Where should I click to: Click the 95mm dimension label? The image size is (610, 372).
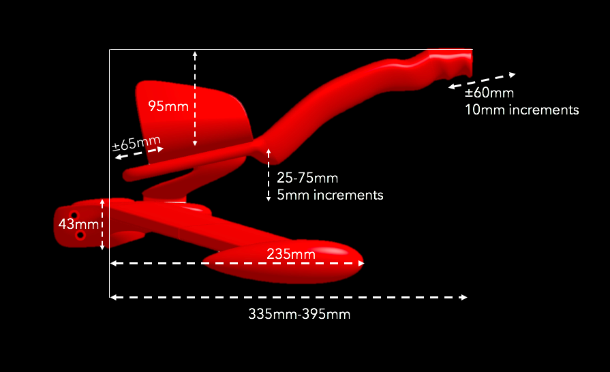coord(168,106)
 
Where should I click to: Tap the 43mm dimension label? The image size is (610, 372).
coord(78,224)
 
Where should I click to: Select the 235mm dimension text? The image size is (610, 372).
coord(291,254)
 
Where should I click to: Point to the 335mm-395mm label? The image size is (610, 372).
coord(299,313)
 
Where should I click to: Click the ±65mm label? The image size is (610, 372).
coord(136,143)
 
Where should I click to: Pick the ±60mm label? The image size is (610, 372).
coord(489,93)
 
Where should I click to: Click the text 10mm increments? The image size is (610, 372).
coord(521,110)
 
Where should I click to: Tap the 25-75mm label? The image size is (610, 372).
coord(307,178)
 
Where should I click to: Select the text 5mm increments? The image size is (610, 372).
coord(330,195)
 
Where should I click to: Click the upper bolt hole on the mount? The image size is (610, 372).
coord(74,215)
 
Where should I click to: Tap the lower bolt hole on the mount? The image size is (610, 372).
coord(80,235)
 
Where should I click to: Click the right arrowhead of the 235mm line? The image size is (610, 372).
coord(361,263)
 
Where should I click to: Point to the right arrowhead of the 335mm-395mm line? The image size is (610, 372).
coord(463,297)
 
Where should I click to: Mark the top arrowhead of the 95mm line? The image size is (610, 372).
coord(195,54)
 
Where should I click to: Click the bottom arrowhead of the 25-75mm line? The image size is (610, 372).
coord(269,198)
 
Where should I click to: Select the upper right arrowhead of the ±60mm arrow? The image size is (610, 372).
coord(513,75)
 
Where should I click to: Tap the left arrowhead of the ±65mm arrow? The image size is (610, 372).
coord(119,157)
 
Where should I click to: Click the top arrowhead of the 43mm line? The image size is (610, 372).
coord(102,202)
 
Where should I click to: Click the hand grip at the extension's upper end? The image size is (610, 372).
coord(451,62)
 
